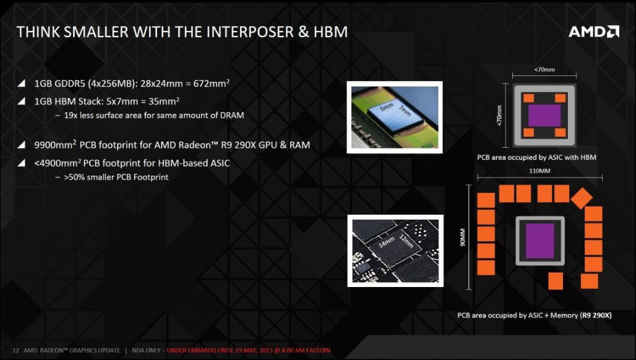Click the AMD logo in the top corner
[x=594, y=32]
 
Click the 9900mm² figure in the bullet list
[x=55, y=145]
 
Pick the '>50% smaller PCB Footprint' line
[x=116, y=177]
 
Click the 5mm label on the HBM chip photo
[x=387, y=108]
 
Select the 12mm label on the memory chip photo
[x=406, y=241]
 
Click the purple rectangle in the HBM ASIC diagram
[x=544, y=116]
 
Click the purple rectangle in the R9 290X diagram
[x=540, y=241]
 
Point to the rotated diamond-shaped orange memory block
[x=582, y=198]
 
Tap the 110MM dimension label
[x=539, y=171]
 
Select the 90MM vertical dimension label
[x=462, y=237]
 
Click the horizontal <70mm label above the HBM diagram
[x=544, y=69]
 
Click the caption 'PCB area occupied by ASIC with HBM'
[x=536, y=157]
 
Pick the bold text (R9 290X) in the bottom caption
[x=596, y=315]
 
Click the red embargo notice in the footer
[x=249, y=350]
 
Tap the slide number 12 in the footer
[x=16, y=350]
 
